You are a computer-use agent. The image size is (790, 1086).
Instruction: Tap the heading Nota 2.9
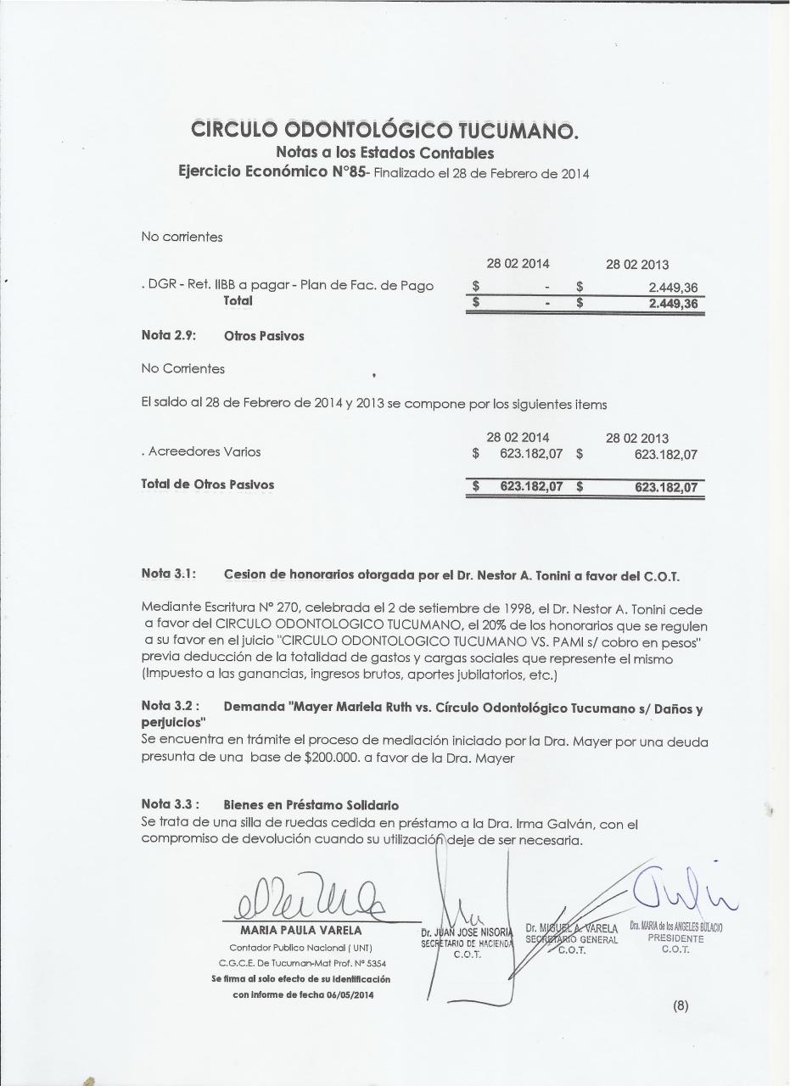point(168,336)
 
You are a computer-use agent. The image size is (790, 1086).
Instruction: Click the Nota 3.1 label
point(168,574)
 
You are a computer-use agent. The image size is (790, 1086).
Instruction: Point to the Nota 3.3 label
point(170,804)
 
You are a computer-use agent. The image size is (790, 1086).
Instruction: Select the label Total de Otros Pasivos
point(208,485)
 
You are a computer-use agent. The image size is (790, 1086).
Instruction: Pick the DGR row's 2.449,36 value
point(672,288)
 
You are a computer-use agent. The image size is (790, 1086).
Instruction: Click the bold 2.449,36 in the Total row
point(672,303)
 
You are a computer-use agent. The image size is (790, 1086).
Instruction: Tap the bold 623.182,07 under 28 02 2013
point(665,487)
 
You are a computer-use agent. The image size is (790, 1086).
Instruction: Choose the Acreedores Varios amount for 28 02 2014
point(531,454)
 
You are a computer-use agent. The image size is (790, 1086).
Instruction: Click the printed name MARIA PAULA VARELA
point(289,931)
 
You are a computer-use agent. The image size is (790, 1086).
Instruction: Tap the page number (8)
point(681,1006)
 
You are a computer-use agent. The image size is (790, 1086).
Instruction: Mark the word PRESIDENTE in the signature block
point(675,939)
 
